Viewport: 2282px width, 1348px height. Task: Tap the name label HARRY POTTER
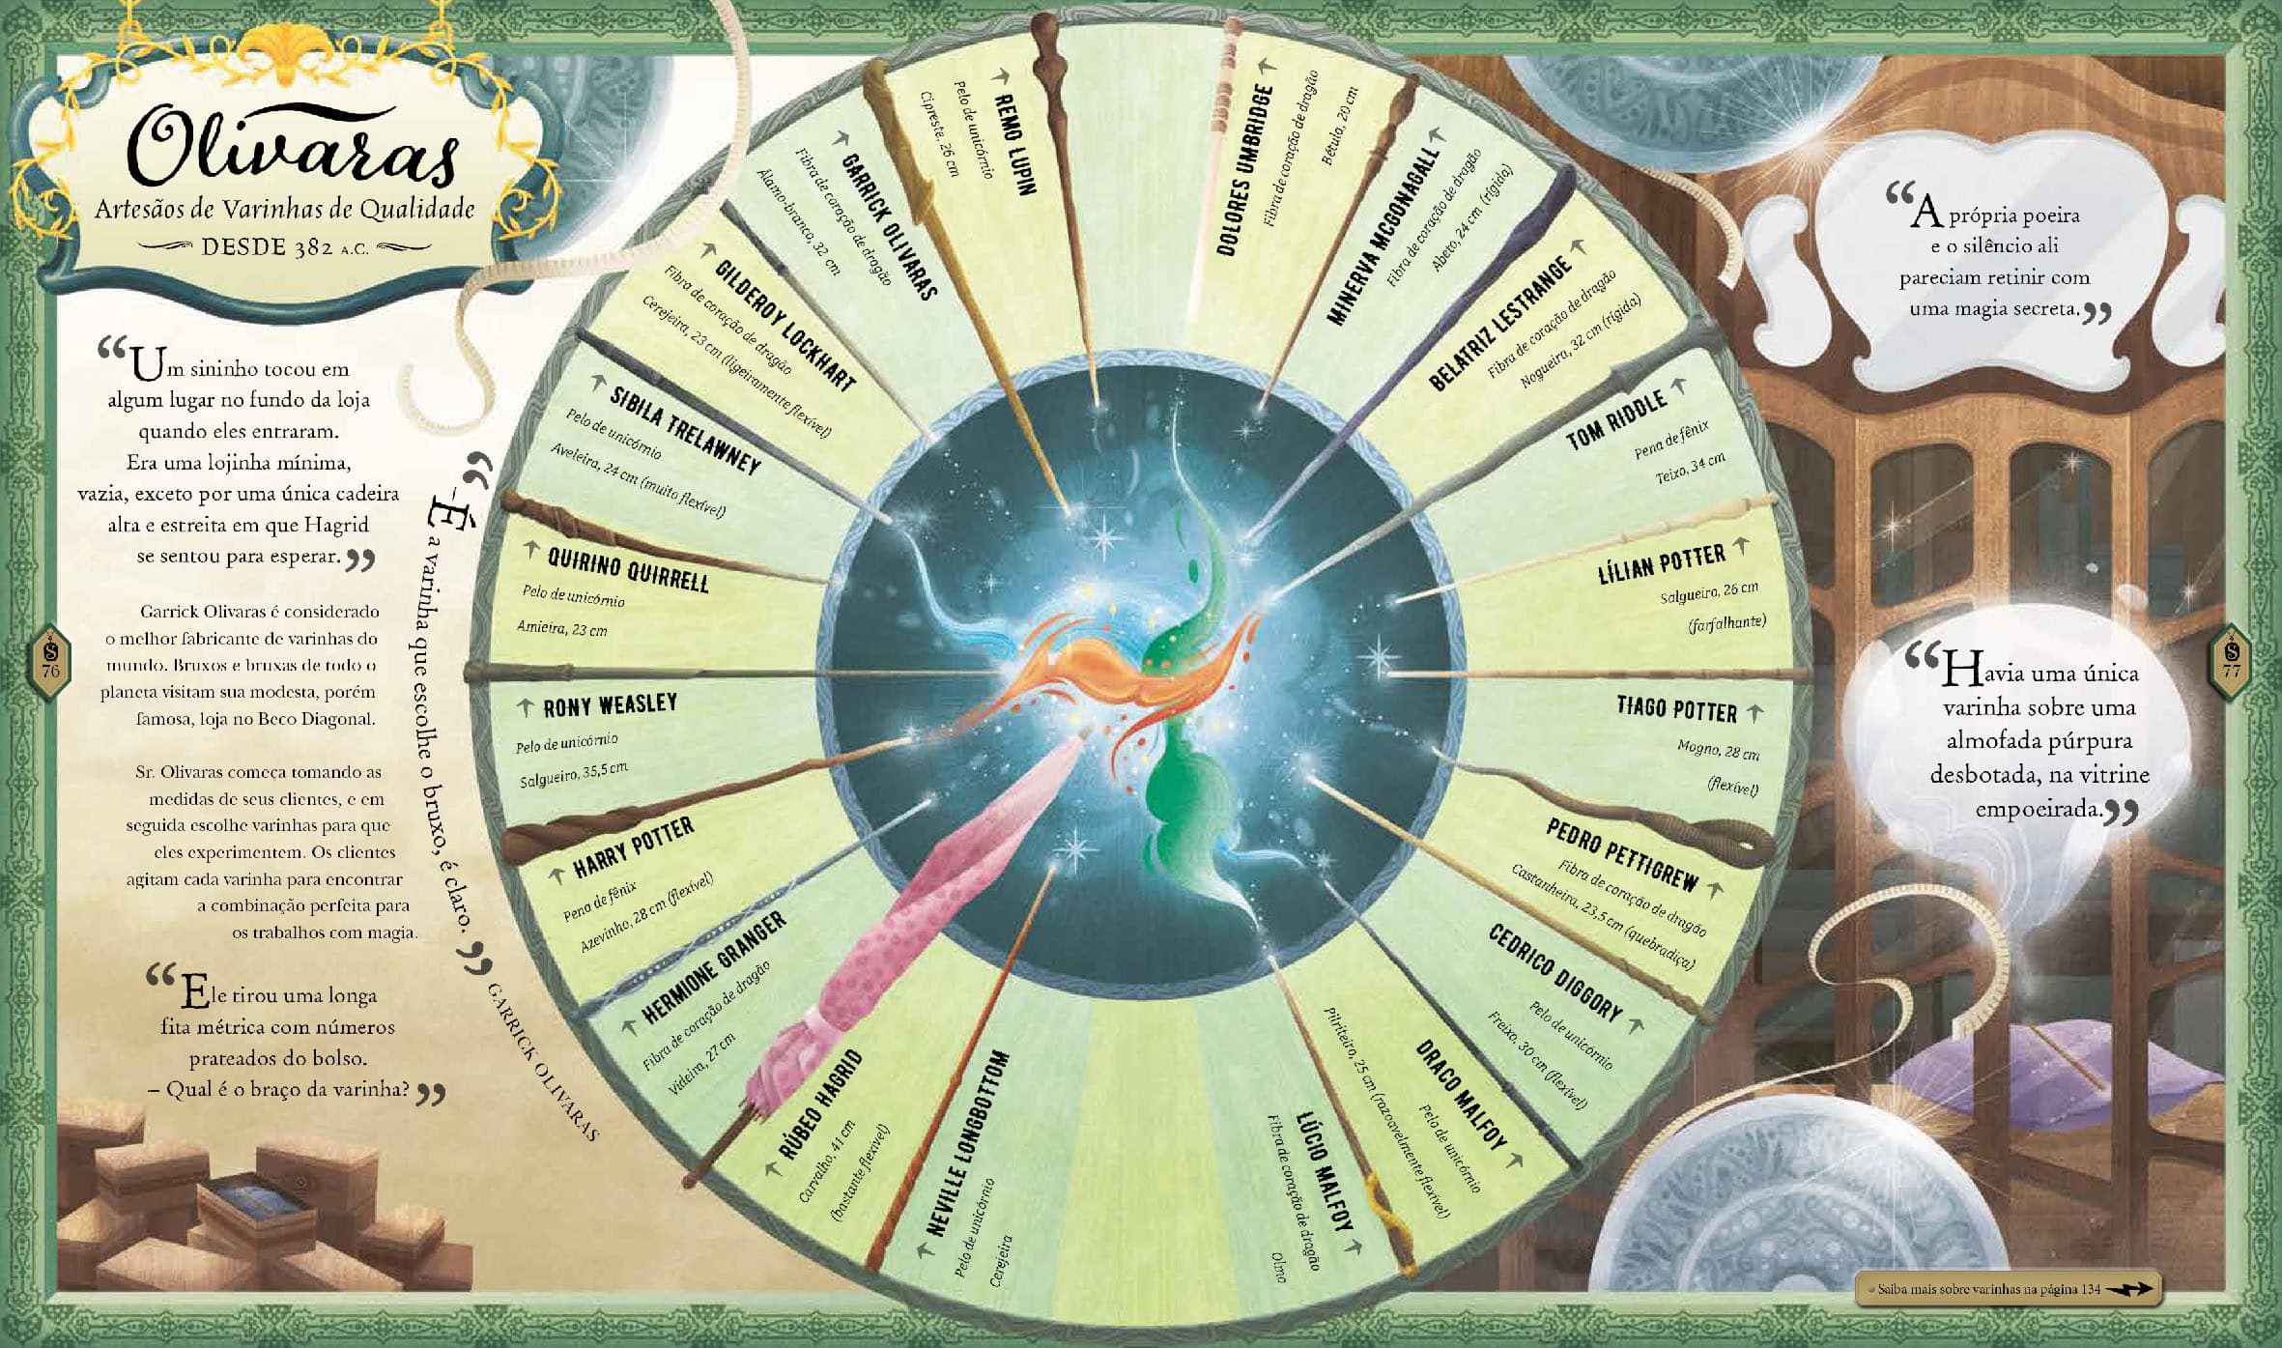(634, 847)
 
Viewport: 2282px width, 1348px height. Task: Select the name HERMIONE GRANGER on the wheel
(715, 966)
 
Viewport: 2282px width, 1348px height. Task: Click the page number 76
(51, 671)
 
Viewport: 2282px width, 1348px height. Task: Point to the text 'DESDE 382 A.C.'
(285, 247)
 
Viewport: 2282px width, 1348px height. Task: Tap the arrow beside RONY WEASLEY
(526, 708)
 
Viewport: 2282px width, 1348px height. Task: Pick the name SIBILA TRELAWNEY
(685, 429)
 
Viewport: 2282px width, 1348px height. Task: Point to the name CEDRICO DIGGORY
(1555, 972)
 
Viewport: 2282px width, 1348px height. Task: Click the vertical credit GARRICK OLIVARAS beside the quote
(542, 1062)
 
